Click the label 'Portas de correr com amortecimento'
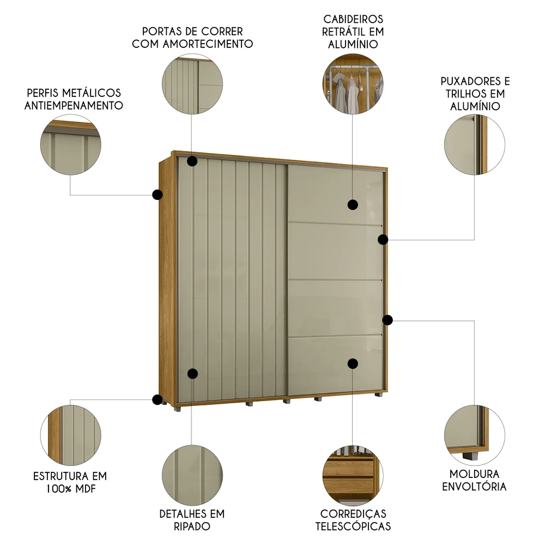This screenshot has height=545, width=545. [192, 38]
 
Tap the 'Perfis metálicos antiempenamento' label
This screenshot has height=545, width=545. [74, 99]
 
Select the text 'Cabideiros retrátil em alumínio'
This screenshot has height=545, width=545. [353, 32]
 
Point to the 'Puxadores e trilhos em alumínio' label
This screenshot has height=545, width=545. [475, 93]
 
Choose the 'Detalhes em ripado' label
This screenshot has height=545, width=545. [192, 520]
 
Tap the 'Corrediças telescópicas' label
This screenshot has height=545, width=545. [353, 520]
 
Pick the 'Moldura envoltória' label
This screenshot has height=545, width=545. [475, 480]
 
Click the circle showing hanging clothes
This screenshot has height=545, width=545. [353, 84]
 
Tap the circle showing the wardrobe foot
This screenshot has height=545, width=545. [475, 434]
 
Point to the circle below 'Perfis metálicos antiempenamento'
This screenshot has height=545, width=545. [70, 144]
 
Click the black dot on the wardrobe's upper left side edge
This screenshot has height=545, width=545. [158, 195]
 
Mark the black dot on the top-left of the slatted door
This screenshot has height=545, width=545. [192, 161]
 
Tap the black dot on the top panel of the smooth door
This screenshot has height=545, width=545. [353, 204]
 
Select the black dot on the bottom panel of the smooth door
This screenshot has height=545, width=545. [353, 363]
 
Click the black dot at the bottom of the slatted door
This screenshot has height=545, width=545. [192, 373]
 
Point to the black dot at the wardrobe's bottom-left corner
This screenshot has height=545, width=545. [158, 399]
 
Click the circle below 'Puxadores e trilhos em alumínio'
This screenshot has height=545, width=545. [475, 144]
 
